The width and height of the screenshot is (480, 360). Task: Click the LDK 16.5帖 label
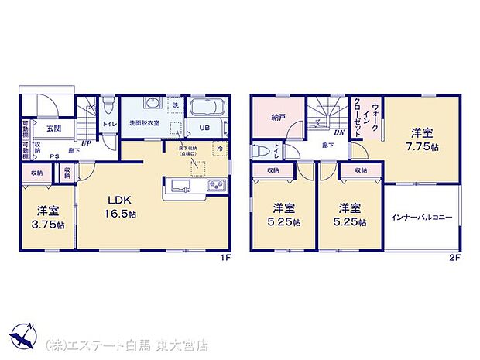pos(122,204)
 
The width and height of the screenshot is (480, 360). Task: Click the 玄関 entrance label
pos(53,129)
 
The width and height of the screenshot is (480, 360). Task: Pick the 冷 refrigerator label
pos(221,148)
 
